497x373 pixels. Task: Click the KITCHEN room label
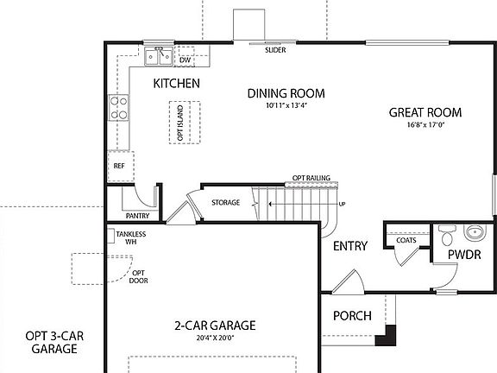(x=177, y=84)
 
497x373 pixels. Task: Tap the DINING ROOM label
(x=286, y=93)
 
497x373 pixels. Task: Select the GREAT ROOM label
(x=425, y=112)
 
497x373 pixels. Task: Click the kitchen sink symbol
(x=158, y=56)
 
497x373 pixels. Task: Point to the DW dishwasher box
(x=185, y=60)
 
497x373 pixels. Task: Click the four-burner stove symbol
(x=118, y=107)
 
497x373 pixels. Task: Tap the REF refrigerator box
(x=119, y=165)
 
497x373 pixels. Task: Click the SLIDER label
(x=275, y=50)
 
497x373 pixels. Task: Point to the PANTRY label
(x=137, y=216)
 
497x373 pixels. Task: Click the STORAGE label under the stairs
(x=226, y=203)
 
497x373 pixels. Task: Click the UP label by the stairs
(x=342, y=204)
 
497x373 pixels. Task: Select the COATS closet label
(x=406, y=240)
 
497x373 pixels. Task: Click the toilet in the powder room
(x=445, y=234)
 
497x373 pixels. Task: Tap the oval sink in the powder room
(x=474, y=232)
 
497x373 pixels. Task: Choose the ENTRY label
(x=350, y=246)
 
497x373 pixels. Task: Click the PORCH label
(x=352, y=316)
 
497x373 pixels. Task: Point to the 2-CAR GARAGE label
(x=215, y=326)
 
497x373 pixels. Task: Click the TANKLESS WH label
(x=129, y=238)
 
